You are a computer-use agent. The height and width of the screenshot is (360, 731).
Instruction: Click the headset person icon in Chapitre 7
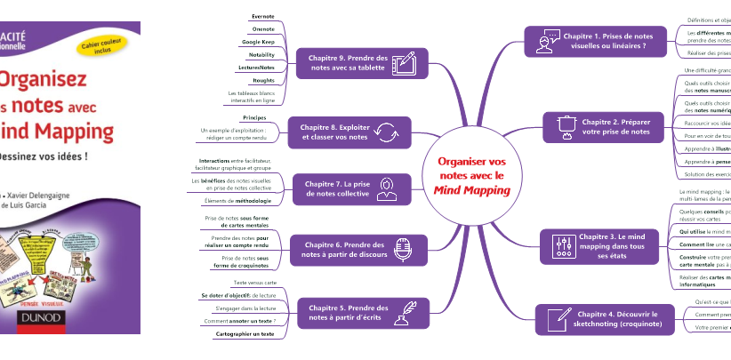click(387, 188)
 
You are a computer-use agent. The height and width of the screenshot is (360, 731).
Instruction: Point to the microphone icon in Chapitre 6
click(402, 250)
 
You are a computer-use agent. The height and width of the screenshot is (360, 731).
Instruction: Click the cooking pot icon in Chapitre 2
click(565, 125)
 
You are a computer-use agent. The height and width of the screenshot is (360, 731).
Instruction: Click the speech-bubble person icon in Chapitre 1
click(545, 41)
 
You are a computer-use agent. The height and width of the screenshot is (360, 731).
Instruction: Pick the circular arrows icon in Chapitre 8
click(387, 132)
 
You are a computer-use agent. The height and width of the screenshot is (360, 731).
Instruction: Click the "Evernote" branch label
click(263, 16)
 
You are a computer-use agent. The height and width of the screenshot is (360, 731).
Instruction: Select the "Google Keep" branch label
click(258, 42)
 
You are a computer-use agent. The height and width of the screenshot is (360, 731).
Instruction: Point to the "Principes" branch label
click(254, 117)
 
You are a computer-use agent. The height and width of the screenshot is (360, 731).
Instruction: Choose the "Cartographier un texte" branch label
click(245, 333)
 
